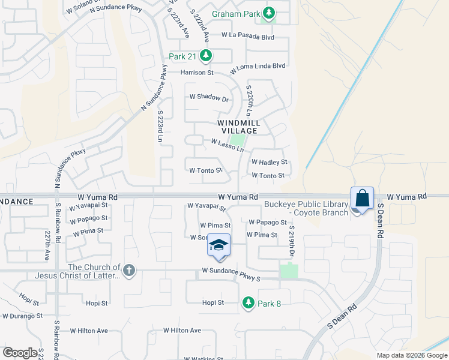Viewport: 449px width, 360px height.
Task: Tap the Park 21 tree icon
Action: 206,56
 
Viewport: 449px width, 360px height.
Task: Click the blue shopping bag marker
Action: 363,198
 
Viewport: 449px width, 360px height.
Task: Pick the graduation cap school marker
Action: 219,246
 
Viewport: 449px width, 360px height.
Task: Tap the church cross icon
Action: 128,271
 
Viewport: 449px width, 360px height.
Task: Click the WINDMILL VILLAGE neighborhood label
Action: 239,127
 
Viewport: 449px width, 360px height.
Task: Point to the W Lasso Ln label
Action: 227,145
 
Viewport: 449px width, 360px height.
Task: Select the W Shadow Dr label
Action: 209,97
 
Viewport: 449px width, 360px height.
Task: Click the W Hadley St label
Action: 270,162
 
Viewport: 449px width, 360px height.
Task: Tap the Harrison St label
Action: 197,73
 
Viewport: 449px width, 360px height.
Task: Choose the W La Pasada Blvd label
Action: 247,36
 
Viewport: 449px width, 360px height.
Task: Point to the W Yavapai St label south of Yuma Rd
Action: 206,207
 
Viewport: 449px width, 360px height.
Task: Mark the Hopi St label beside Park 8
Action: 212,303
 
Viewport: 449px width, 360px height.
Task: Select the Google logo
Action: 20,353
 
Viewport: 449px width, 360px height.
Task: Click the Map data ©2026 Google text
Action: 411,355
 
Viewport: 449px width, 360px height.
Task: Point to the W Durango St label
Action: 22,316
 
